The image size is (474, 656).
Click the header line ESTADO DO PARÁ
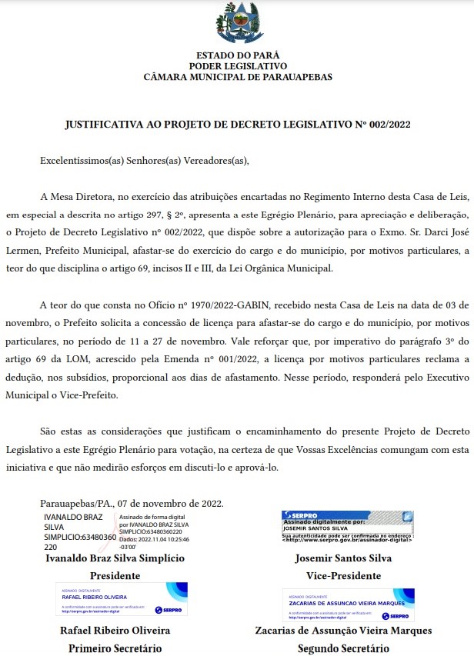click(237, 55)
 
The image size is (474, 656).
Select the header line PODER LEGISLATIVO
click(237, 66)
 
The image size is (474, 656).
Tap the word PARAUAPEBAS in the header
click(299, 77)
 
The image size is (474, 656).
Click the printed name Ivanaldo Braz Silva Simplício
click(115, 558)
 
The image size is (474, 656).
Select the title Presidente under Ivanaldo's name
click(115, 575)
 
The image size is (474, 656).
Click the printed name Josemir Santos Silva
click(343, 558)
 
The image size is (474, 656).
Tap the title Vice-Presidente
click(343, 575)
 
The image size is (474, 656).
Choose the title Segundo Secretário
click(343, 648)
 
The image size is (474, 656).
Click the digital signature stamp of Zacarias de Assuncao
click(348, 604)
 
